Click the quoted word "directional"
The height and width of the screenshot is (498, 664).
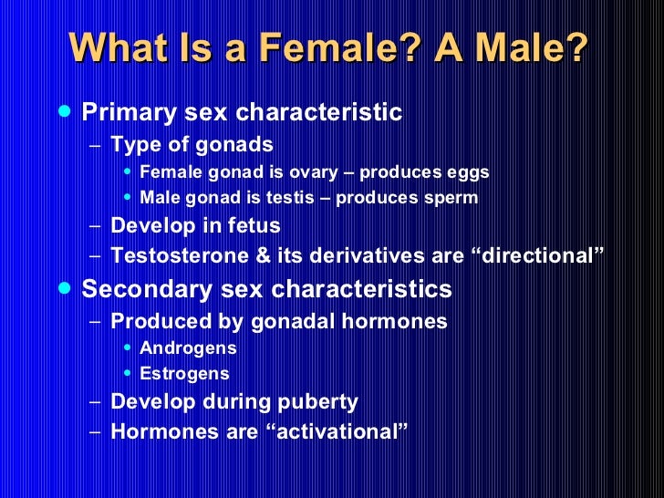click(x=536, y=257)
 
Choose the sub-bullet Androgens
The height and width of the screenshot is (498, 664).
click(x=188, y=348)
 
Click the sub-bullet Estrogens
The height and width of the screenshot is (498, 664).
click(x=184, y=374)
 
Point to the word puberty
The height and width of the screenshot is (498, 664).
click(x=318, y=402)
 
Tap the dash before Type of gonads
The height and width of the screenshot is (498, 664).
click(x=97, y=145)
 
